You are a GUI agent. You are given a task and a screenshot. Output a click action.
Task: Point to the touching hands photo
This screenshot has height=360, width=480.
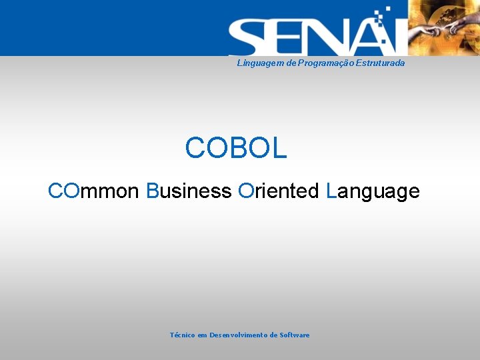pos(443,28)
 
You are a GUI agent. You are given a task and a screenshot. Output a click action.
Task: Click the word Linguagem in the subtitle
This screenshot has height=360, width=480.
pos(257,63)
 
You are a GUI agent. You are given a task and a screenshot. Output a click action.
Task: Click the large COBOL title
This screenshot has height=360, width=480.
pos(236,148)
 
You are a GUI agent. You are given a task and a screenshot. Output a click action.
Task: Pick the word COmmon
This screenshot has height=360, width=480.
pos(93,191)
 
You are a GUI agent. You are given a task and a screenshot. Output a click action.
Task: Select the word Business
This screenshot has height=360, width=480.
pos(189,191)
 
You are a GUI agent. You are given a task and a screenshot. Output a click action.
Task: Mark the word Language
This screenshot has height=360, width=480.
pos(373,192)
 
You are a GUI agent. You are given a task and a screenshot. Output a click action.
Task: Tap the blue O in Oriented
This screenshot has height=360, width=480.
pos(245,191)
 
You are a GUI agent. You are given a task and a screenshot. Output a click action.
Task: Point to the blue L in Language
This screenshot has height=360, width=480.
pos(331,191)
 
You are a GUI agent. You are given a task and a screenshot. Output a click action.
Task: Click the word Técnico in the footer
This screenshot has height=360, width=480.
pos(183,335)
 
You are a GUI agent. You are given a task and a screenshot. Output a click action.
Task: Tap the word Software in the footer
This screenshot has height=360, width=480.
pos(295,335)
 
